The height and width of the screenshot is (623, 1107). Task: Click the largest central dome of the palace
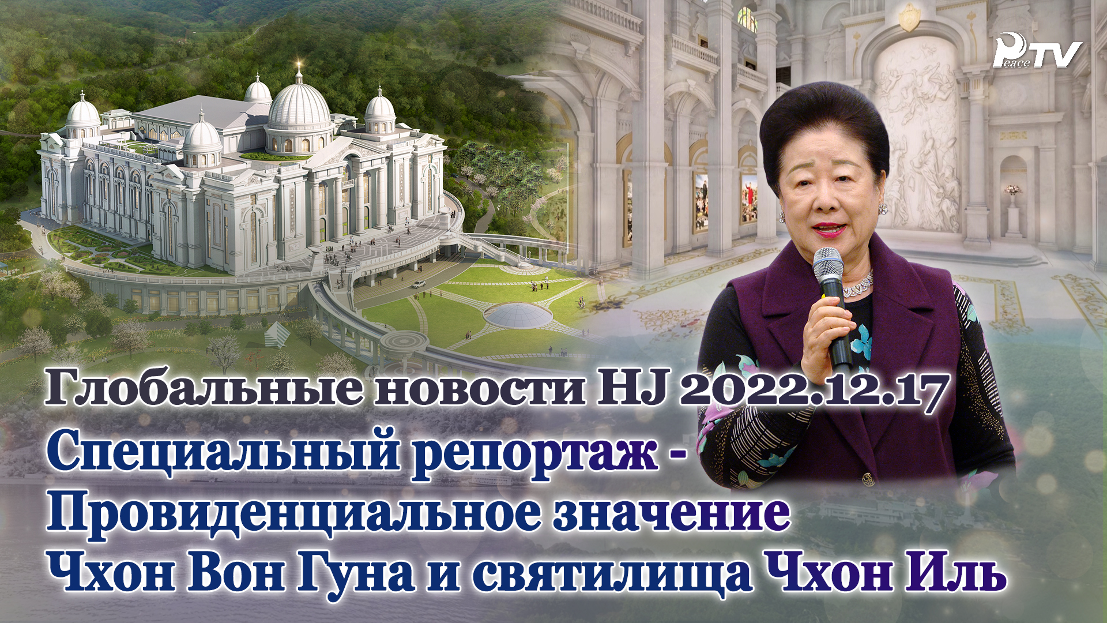[x=299, y=107]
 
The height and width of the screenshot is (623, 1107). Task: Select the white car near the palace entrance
[x=419, y=284]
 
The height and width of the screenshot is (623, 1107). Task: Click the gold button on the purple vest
[x=867, y=478]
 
